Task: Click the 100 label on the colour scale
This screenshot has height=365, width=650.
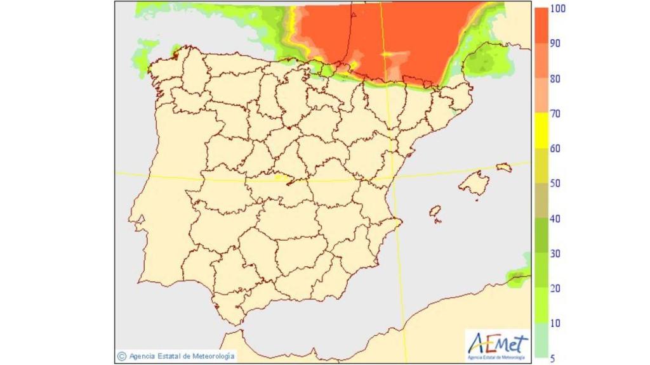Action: [559, 9]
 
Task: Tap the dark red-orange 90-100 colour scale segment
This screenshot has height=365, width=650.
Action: [540, 26]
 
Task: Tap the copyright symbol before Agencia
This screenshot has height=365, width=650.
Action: [121, 356]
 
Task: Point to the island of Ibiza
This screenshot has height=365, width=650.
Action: [435, 212]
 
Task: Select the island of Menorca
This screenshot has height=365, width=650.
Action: [504, 168]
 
